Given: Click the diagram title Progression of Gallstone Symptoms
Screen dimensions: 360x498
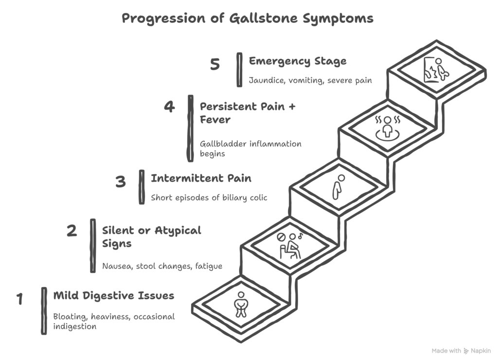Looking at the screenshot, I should pos(248,19).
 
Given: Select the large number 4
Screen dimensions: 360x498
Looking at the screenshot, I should pos(169,107).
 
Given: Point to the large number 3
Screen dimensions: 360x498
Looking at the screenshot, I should pos(120,182).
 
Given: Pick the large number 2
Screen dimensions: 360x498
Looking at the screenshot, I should pos(71,230).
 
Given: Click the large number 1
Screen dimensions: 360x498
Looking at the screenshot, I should pos(20,298).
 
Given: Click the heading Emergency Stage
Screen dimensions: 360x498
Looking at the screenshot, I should pos(298,61).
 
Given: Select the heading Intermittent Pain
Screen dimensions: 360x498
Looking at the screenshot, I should pos(201,179).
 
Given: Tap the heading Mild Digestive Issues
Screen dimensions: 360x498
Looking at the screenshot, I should pos(113,295).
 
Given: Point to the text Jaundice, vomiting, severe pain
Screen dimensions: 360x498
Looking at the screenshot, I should pos(310,80).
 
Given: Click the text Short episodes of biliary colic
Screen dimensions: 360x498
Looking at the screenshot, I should pos(209,198).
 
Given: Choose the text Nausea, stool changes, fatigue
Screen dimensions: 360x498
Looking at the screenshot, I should pos(162,266).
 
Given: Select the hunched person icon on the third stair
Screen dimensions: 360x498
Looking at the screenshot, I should pos(336,186).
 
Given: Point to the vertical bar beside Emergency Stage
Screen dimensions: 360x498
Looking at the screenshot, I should pos(239,70).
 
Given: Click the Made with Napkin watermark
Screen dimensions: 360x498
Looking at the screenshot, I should pos(461,350).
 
